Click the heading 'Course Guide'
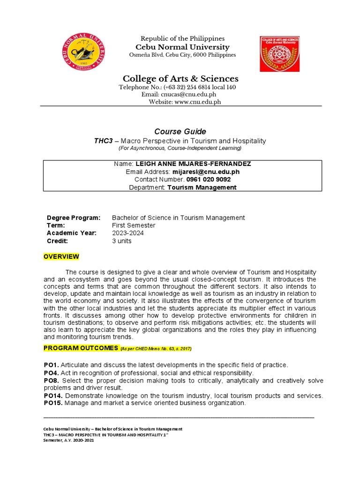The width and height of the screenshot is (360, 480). pyautogui.click(x=180, y=131)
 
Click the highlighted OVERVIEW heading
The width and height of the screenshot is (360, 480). pyautogui.click(x=61, y=257)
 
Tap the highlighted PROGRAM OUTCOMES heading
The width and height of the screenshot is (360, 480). pyautogui.click(x=81, y=348)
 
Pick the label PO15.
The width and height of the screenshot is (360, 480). pyautogui.click(x=53, y=403)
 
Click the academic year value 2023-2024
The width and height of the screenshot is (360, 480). pyautogui.click(x=127, y=233)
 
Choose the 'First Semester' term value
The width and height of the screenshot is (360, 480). pyautogui.click(x=134, y=225)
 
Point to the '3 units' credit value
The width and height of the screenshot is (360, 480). pyautogui.click(x=121, y=241)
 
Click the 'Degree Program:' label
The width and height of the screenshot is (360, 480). pyautogui.click(x=74, y=218)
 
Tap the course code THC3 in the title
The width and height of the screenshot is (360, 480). pyautogui.click(x=105, y=141)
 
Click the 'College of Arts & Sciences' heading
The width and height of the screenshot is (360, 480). pyautogui.click(x=180, y=78)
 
